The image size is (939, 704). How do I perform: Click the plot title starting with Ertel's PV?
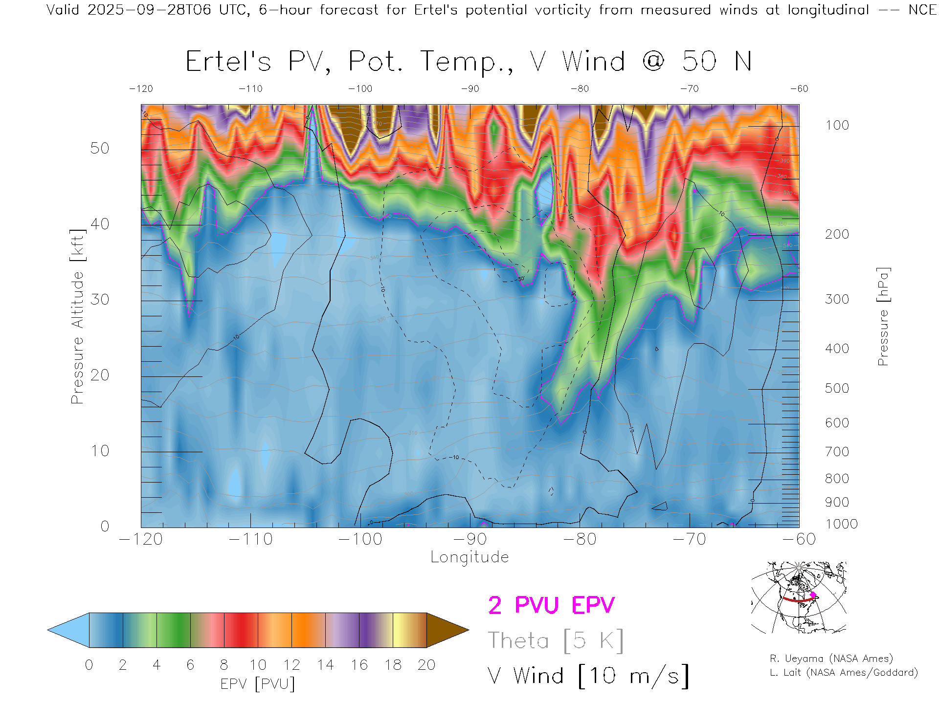[469, 62]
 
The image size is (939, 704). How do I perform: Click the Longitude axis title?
[469, 557]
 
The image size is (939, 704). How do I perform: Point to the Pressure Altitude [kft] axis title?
[78, 316]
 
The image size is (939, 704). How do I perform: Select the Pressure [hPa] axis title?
[883, 316]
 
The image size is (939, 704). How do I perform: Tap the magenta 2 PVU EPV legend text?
[551, 605]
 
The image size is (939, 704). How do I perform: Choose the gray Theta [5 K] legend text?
[556, 640]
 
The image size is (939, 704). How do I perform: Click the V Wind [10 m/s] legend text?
[588, 676]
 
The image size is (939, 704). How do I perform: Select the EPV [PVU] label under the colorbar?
[258, 684]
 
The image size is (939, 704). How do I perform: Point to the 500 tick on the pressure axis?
[837, 388]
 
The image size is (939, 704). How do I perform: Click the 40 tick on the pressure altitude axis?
[100, 224]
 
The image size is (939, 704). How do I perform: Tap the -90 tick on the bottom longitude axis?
[470, 539]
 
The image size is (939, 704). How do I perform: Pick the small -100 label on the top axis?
[360, 89]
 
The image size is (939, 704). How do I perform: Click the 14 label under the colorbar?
[325, 665]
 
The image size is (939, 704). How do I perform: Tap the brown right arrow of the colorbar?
[447, 630]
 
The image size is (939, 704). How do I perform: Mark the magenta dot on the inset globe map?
[813, 595]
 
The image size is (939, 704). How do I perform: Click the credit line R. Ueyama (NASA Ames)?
[831, 659]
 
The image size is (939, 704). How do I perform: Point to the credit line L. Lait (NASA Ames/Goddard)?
[844, 673]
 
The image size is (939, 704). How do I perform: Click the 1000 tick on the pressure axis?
[841, 524]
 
